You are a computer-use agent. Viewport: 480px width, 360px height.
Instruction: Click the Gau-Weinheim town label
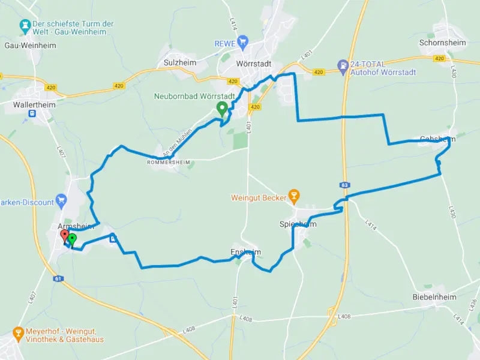(x=22, y=45)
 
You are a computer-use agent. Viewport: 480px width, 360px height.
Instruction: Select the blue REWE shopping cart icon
(x=242, y=41)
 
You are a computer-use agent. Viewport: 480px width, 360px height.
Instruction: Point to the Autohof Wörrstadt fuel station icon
(x=343, y=65)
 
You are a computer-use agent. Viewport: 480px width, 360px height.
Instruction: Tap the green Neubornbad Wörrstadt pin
(x=221, y=109)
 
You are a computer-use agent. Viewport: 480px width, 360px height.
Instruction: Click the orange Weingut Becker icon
(x=293, y=194)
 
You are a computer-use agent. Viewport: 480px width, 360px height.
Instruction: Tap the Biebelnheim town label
(x=434, y=297)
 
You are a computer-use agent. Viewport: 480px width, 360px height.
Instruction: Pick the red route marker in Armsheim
(x=65, y=235)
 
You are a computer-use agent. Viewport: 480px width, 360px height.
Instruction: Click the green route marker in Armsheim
(x=72, y=240)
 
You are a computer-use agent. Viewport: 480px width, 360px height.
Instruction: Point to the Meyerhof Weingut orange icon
(x=18, y=333)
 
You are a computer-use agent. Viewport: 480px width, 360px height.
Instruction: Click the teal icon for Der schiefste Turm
(x=25, y=25)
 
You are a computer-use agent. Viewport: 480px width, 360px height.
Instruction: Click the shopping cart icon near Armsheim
(x=60, y=199)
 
